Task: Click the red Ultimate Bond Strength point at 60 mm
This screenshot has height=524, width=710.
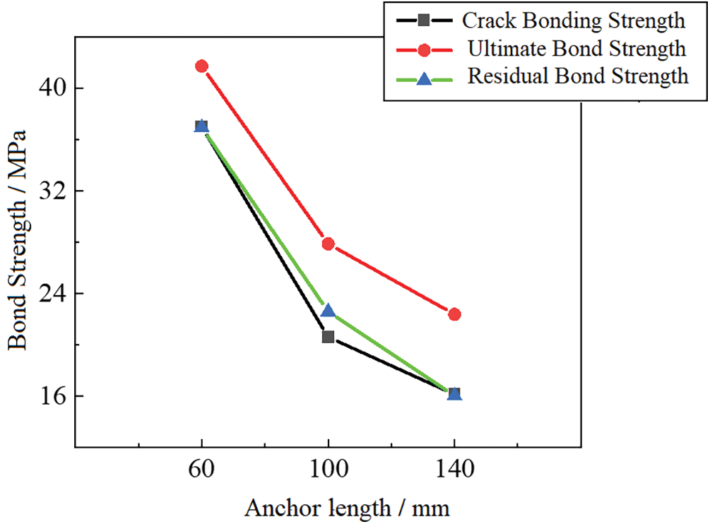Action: [x=201, y=66]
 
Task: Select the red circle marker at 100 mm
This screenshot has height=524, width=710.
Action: [x=328, y=244]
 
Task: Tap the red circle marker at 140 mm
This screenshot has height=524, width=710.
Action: [x=454, y=314]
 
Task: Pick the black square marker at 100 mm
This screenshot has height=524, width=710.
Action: [x=328, y=337]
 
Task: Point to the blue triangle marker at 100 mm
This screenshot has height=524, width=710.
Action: [x=328, y=311]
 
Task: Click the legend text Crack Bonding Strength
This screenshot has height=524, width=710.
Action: [x=573, y=20]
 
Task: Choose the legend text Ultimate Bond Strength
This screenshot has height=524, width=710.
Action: [x=576, y=49]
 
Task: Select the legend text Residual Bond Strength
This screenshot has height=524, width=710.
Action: [x=577, y=76]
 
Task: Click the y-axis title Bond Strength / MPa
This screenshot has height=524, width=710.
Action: [x=18, y=240]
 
